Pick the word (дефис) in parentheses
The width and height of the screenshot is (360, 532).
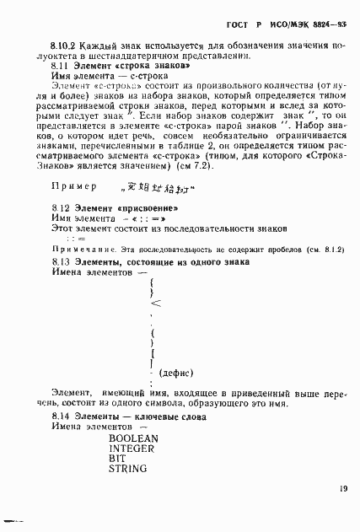click(177, 372)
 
